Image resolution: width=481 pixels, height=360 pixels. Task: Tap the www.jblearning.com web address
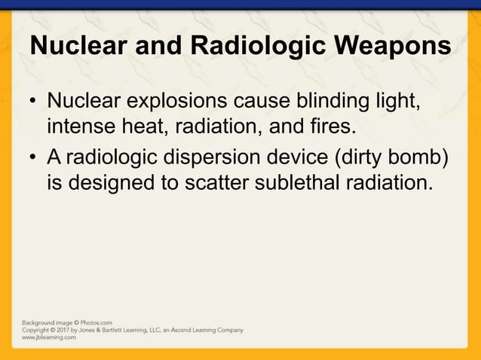pyautogui.click(x=48, y=337)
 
